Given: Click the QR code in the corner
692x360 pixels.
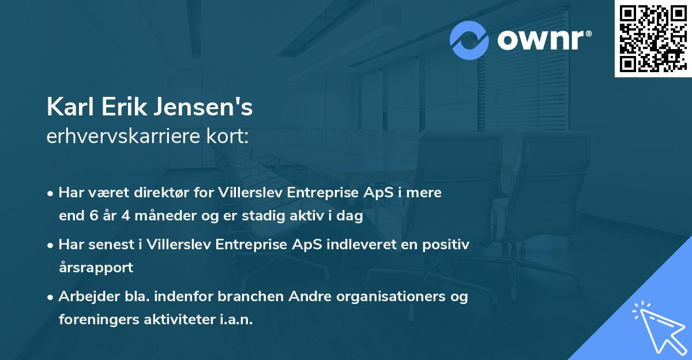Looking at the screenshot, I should pyautogui.click(x=652, y=38).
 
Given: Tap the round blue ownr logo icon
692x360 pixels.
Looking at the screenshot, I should pyautogui.click(x=469, y=40).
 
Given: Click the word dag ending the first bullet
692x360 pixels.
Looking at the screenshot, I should pyautogui.click(x=351, y=216).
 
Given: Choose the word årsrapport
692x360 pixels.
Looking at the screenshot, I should pyautogui.click(x=96, y=268).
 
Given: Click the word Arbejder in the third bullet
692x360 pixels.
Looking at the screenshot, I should pyautogui.click(x=84, y=297).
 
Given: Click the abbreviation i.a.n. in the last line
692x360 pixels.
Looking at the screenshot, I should pyautogui.click(x=236, y=319).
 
